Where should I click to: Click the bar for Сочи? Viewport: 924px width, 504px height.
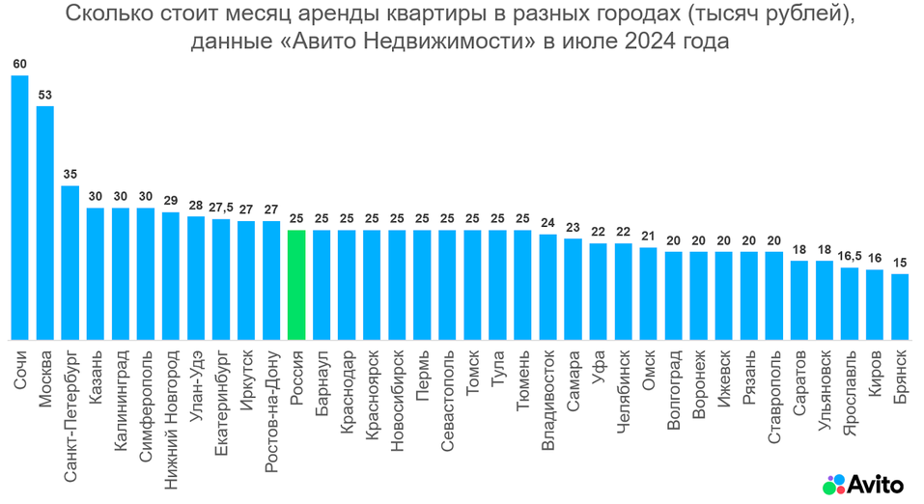(x=19, y=208)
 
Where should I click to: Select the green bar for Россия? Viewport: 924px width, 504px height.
(x=296, y=285)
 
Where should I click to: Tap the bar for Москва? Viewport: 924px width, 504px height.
(x=44, y=222)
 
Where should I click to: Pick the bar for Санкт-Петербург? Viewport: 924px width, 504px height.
(x=70, y=263)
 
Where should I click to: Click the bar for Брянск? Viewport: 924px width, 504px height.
(x=900, y=307)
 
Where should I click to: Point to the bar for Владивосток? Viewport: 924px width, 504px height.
(x=547, y=287)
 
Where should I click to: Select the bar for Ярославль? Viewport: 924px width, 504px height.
(x=850, y=303)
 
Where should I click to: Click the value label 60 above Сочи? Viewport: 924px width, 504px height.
(x=19, y=65)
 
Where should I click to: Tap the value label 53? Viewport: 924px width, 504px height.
(x=44, y=95)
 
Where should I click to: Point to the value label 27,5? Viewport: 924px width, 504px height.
(x=221, y=208)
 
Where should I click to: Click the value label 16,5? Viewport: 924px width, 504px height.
(x=850, y=257)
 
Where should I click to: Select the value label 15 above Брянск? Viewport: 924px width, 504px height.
(x=900, y=263)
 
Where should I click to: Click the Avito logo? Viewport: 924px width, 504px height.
(x=865, y=483)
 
